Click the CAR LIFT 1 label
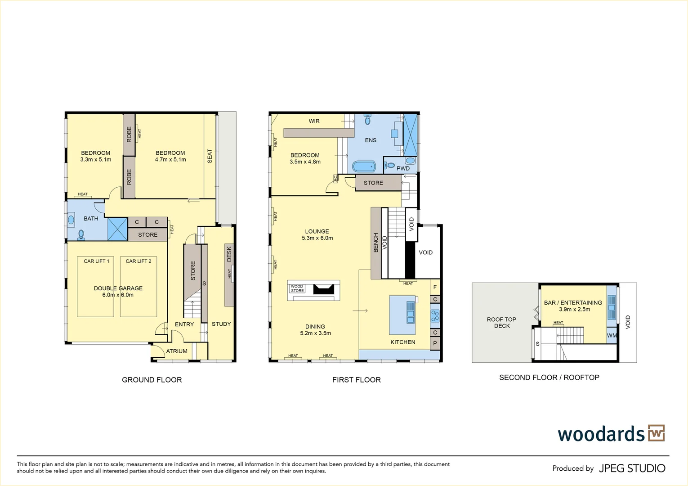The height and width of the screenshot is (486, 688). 96,261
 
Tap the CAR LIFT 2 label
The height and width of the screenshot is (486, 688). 138,261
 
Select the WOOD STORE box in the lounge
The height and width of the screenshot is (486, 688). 297,288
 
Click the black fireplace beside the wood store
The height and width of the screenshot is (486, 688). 324,289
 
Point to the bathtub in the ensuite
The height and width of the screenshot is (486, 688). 363,166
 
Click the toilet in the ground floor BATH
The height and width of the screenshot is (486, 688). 81,234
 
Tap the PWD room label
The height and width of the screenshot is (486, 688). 403,169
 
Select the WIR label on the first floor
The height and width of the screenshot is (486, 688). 314,121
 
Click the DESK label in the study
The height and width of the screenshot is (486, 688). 229,254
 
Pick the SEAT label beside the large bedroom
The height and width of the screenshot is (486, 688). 210,156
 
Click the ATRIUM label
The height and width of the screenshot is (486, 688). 177,351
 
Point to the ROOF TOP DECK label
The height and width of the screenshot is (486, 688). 501,323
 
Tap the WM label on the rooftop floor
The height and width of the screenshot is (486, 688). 612,336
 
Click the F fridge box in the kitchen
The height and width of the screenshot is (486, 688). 435,287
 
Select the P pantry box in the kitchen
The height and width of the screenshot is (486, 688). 435,343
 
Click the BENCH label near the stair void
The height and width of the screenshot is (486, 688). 376,243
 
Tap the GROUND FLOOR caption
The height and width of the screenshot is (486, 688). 152,380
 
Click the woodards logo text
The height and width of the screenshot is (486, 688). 601,434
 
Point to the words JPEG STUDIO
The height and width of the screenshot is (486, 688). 632,468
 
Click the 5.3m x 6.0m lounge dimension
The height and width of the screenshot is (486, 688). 317,238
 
